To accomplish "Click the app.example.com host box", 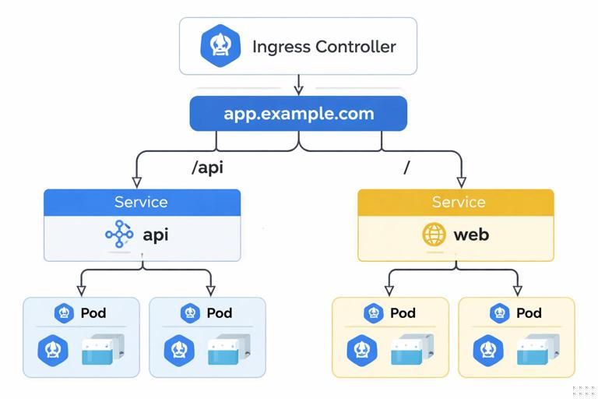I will coord(298,114).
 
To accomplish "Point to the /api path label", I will coord(207,168).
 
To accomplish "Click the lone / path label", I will coord(406,168).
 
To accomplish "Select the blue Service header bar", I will coord(142,202).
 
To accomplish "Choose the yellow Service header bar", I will coord(456,202).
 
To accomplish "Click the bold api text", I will coord(156,234).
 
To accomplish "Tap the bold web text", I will coord(471,234).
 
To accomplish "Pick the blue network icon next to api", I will coord(119,234).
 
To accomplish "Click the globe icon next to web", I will coord(434,234).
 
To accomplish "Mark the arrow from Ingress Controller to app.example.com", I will coord(298,85).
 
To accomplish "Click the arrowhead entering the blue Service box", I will coord(137,182).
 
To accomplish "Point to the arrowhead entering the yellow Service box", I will coord(460,182).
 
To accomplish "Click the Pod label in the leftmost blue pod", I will coord(93,313).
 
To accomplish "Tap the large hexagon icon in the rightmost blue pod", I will coord(179,351).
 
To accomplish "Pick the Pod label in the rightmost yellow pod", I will coord(529,313).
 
